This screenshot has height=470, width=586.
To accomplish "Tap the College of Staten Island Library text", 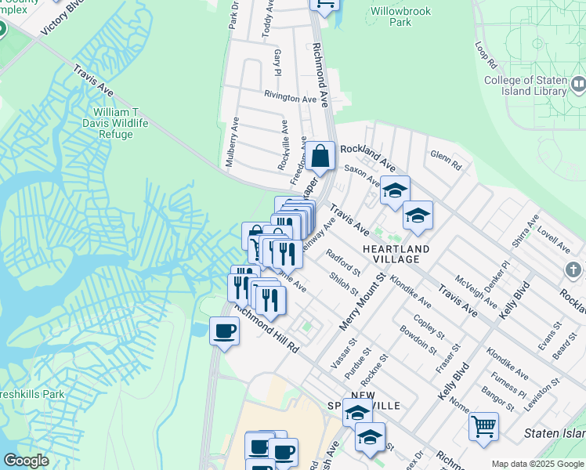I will (525, 85).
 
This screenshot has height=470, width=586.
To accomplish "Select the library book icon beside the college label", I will (578, 83).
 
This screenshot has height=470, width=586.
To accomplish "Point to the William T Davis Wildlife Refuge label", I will (115, 123).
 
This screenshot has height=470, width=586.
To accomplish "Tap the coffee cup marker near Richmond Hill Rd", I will (224, 331).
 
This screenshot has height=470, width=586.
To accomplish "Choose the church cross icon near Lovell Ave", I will (575, 270).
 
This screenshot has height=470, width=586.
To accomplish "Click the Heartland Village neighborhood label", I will (396, 253).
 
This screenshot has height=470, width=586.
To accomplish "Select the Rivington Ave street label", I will (290, 98).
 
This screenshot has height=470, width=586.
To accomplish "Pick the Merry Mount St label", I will (362, 300).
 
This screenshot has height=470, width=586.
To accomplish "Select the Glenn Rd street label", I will (446, 158).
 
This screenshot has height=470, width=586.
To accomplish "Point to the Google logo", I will (26, 461).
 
